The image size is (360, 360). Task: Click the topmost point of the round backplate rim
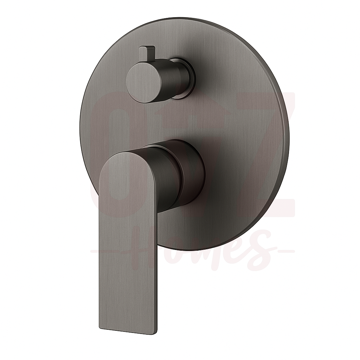coord(186,18)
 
